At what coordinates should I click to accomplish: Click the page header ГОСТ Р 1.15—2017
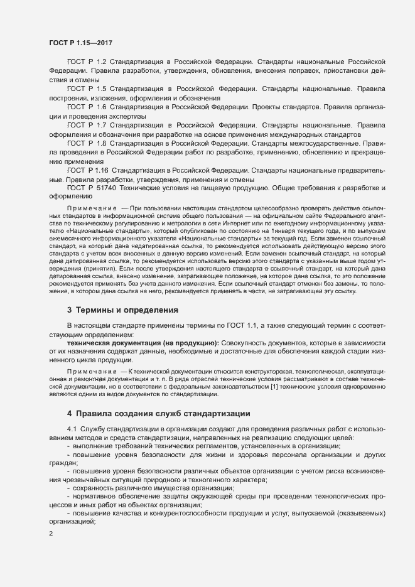[80, 42]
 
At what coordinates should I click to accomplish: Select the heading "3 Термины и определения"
[123, 310]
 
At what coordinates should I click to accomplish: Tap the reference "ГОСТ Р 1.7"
[87, 126]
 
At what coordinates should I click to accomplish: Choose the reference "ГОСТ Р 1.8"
[87, 144]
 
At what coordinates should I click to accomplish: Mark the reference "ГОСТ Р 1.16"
[88, 170]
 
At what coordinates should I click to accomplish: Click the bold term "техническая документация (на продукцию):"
[142, 343]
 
